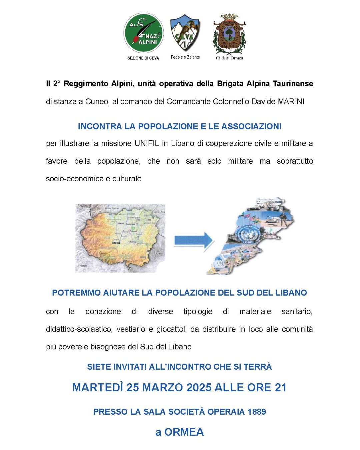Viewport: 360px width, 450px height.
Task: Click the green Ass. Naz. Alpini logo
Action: [144, 33]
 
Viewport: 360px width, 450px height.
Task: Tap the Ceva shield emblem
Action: [185, 33]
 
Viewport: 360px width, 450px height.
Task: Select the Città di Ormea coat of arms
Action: [229, 34]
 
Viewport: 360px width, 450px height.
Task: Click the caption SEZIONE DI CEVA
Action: [143, 58]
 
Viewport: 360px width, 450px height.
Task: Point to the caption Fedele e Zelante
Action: [185, 57]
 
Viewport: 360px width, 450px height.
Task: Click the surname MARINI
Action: [291, 101]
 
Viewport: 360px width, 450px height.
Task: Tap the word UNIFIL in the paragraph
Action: [147, 143]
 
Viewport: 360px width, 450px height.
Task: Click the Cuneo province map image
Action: [120, 238]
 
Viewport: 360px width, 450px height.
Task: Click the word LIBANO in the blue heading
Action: [291, 293]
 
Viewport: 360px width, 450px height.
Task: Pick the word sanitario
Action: [297, 311]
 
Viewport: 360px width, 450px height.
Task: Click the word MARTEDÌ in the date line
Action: [98, 387]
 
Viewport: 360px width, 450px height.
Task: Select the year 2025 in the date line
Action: [199, 387]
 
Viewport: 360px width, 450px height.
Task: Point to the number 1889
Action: [257, 412]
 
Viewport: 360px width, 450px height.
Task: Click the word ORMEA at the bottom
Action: [184, 432]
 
